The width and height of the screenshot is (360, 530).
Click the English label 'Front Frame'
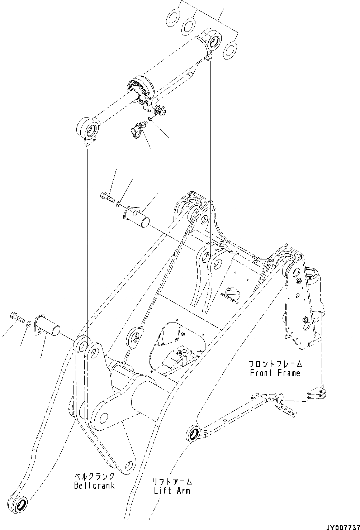(x=275, y=373)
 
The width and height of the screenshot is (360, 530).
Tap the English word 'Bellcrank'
(x=94, y=486)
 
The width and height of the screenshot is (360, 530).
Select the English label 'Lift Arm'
(x=172, y=491)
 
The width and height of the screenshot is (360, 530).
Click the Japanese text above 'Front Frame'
(x=275, y=364)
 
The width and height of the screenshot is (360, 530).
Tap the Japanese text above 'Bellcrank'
(x=94, y=477)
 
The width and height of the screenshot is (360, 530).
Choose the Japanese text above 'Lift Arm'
(x=172, y=482)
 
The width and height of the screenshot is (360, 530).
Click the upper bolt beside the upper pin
(x=107, y=196)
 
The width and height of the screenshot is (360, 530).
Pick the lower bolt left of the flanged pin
(x=16, y=316)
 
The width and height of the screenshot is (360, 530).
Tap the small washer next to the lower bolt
(x=28, y=324)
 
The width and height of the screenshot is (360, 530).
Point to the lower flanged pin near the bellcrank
(x=47, y=326)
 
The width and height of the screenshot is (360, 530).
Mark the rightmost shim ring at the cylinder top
(x=230, y=50)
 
